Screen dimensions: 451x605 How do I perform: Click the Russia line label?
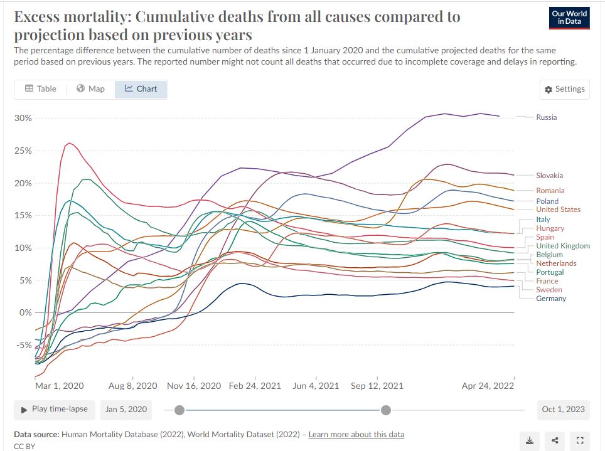tap(546, 117)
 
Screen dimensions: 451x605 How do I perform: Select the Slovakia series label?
tap(549, 176)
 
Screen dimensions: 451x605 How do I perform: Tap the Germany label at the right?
tap(551, 299)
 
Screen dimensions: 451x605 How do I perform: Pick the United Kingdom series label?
tap(563, 246)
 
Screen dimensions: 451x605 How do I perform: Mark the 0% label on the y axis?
tap(25, 312)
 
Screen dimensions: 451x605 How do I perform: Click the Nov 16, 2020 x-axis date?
tap(194, 386)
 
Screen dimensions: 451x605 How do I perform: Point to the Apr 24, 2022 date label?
tap(488, 386)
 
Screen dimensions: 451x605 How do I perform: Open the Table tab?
tap(41, 89)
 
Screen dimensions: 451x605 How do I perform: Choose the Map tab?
tap(90, 89)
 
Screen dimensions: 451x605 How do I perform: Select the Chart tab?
tap(141, 89)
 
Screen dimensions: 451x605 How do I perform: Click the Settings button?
tap(565, 89)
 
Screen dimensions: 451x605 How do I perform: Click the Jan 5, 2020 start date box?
tap(126, 410)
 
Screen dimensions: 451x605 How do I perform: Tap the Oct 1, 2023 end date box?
tap(564, 410)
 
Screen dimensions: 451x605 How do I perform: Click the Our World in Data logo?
tap(569, 18)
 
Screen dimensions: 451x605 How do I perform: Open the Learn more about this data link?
tap(356, 434)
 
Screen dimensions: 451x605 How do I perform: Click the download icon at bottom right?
tap(530, 440)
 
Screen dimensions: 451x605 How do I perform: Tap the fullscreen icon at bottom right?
tap(580, 440)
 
